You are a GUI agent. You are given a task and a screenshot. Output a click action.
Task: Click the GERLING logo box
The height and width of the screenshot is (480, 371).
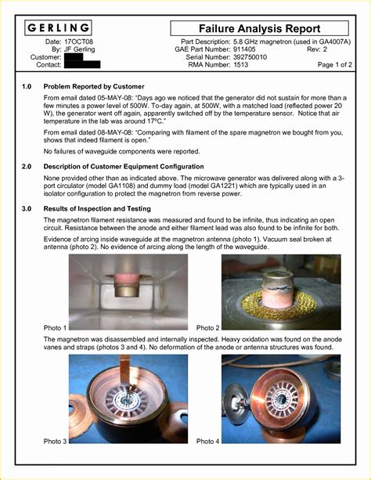[x=57, y=28]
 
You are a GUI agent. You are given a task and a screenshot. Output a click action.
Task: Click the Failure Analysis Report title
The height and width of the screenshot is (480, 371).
[x=258, y=29]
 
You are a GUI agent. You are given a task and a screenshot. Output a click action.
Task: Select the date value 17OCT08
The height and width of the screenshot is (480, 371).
[x=79, y=41]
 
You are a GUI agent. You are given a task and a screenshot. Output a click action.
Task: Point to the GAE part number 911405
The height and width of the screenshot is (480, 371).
[x=246, y=49]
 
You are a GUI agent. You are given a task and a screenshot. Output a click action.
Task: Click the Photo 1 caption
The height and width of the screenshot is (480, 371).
[x=55, y=327]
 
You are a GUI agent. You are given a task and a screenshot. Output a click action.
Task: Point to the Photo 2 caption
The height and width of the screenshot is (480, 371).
[x=208, y=327]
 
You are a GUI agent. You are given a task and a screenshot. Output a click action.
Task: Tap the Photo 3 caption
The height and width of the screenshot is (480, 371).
[x=55, y=442]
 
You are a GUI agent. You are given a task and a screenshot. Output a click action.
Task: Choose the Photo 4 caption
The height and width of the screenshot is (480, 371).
[x=208, y=442]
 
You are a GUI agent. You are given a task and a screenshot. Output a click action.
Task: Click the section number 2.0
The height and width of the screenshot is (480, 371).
[x=27, y=167]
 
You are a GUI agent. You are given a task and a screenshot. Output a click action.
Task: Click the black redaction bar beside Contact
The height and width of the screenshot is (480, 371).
[x=81, y=66]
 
